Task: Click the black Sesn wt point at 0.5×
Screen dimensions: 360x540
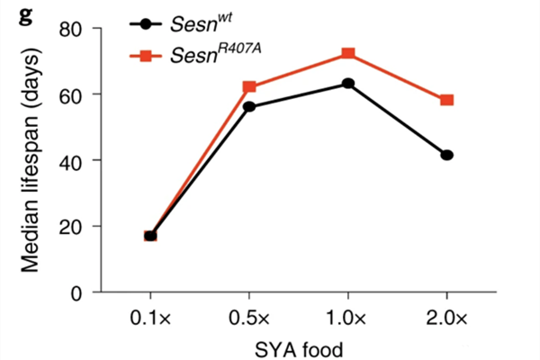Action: click(x=249, y=107)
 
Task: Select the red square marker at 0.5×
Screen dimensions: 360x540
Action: click(x=249, y=87)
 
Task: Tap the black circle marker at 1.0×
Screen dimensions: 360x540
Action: click(x=348, y=84)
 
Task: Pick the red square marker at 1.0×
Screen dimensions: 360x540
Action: click(x=348, y=54)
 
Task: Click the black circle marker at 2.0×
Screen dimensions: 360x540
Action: click(x=446, y=155)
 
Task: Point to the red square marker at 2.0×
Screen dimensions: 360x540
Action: click(x=446, y=100)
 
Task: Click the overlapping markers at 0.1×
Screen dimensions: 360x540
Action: click(x=150, y=236)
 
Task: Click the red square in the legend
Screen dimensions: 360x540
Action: click(x=146, y=57)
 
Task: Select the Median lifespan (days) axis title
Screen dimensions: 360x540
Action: click(x=31, y=159)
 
